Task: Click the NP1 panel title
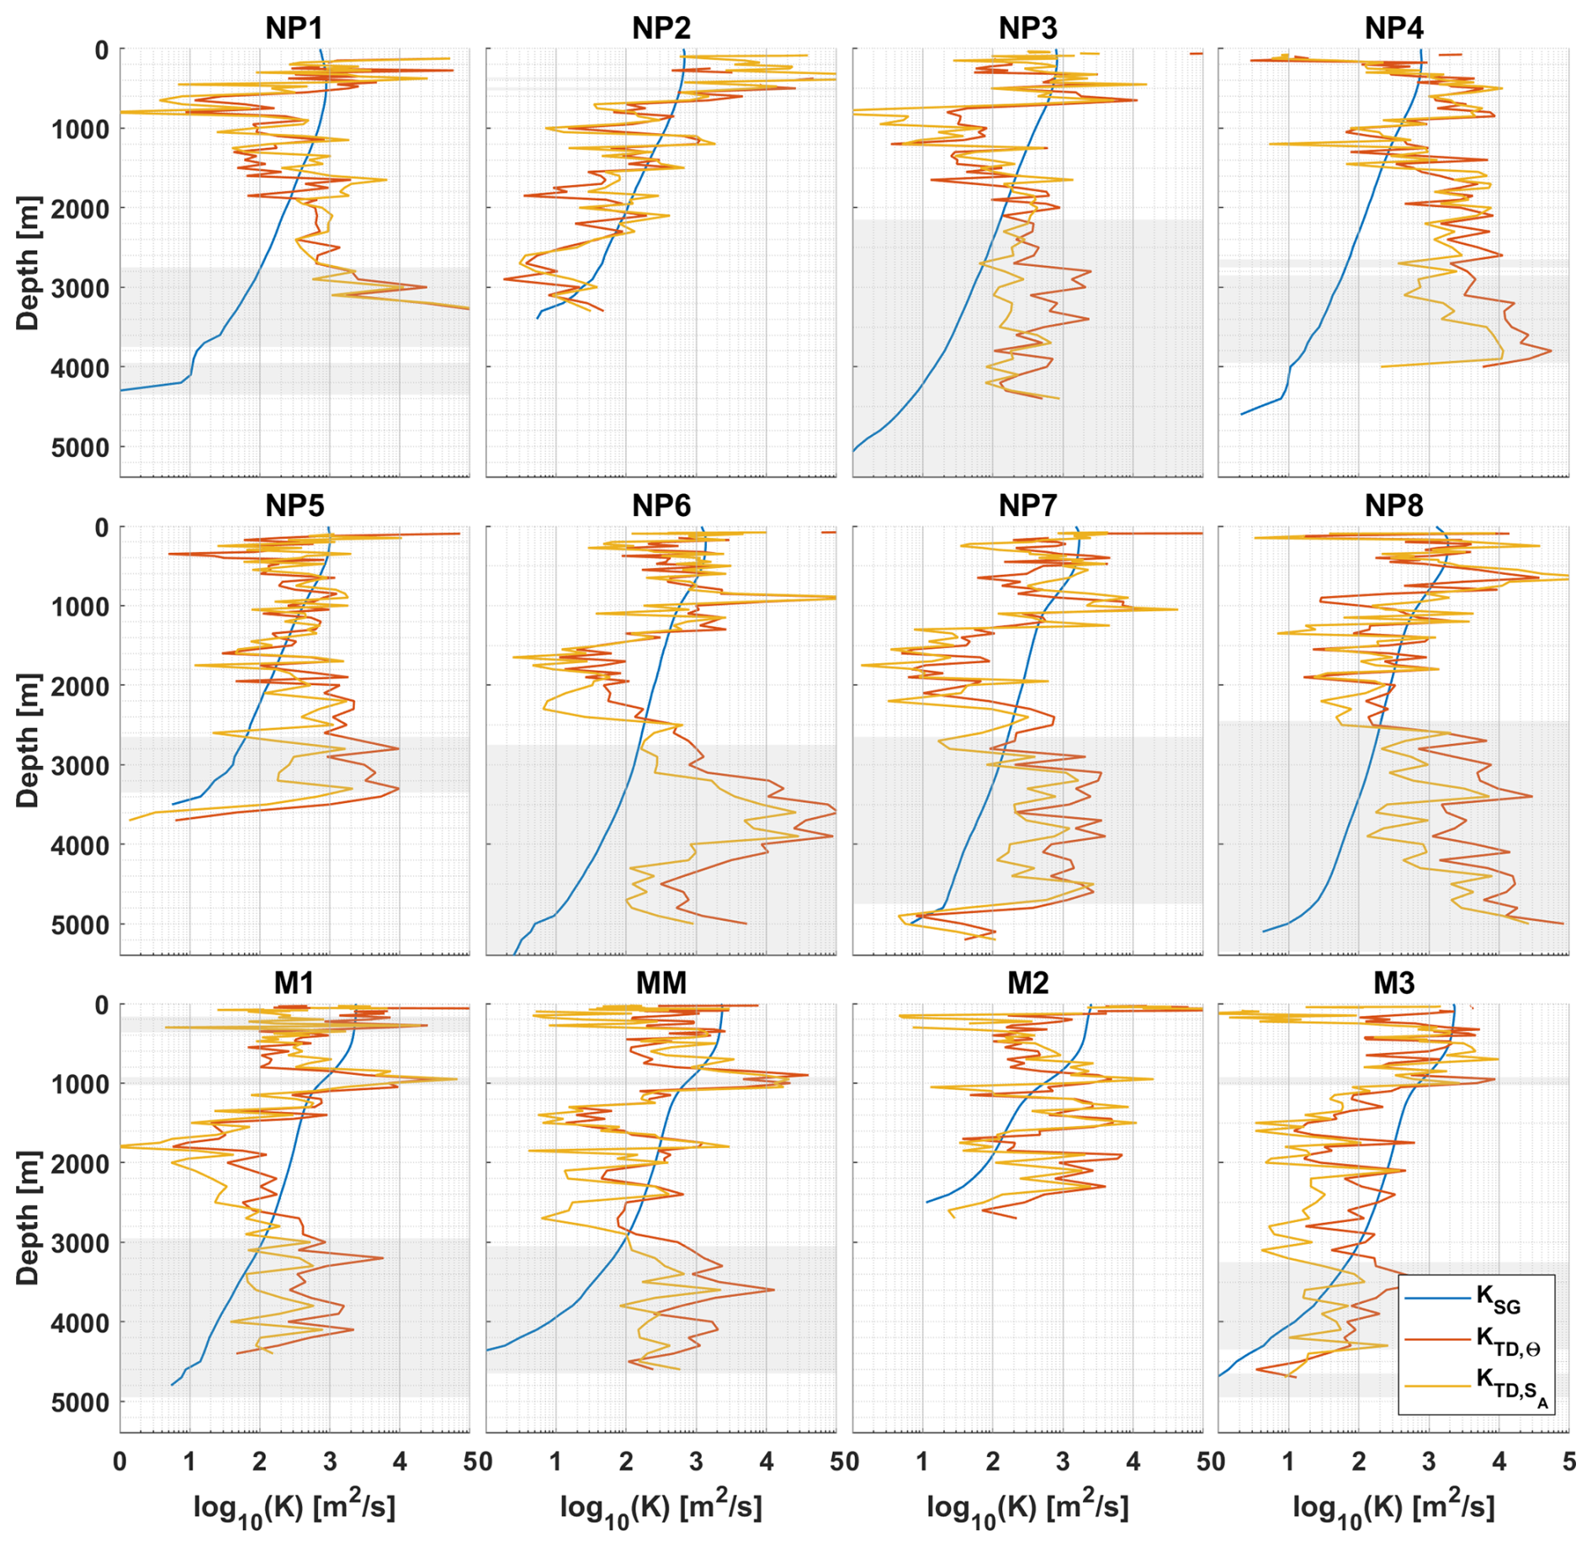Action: [294, 28]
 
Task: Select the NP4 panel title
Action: [1393, 28]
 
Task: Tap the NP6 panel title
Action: [661, 505]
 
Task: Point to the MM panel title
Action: [661, 982]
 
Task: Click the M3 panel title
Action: [1393, 982]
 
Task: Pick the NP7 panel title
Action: [1027, 505]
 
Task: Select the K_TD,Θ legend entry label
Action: [1508, 1342]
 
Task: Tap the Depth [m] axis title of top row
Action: [28, 263]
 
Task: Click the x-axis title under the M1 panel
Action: [294, 1507]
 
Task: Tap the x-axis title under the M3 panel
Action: [1393, 1507]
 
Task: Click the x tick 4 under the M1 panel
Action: [400, 1461]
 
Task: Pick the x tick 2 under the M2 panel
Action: [993, 1461]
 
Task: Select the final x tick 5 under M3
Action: [1568, 1461]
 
